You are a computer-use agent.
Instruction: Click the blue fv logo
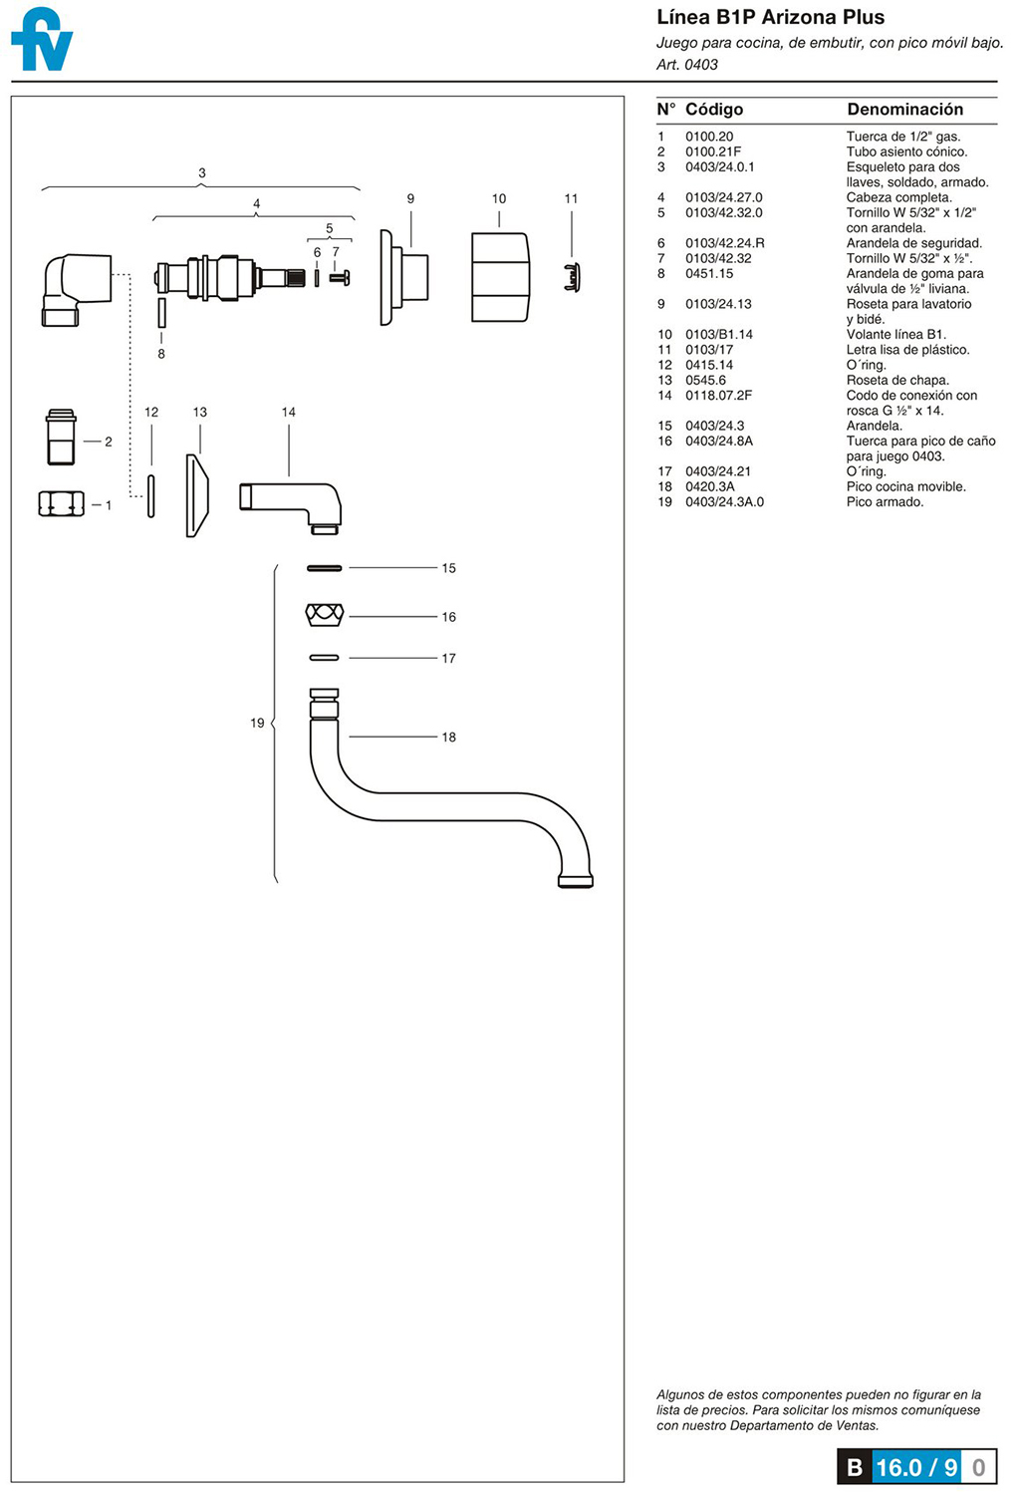(x=42, y=39)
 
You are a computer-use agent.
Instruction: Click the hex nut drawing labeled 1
(x=62, y=503)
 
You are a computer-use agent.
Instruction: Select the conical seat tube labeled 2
(x=61, y=438)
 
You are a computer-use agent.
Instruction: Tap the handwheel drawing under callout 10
(x=500, y=277)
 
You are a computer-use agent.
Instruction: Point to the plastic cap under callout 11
(x=572, y=277)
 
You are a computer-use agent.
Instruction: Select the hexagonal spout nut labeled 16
(x=325, y=615)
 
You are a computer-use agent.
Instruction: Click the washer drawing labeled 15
(x=324, y=568)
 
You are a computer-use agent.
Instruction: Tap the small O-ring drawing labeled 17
(x=324, y=658)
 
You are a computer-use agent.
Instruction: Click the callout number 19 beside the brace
(x=257, y=723)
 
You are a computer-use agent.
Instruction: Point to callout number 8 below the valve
(x=160, y=354)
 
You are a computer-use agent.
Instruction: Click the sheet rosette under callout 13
(x=197, y=496)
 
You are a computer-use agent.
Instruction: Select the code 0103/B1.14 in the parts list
(x=719, y=334)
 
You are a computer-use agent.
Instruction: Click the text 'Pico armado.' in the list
(x=885, y=502)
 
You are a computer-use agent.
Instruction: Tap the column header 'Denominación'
(x=904, y=109)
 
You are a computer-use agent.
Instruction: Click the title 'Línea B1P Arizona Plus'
(x=771, y=17)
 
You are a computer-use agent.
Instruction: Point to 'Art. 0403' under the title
(x=687, y=65)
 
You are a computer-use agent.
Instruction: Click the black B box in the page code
(x=854, y=1467)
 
